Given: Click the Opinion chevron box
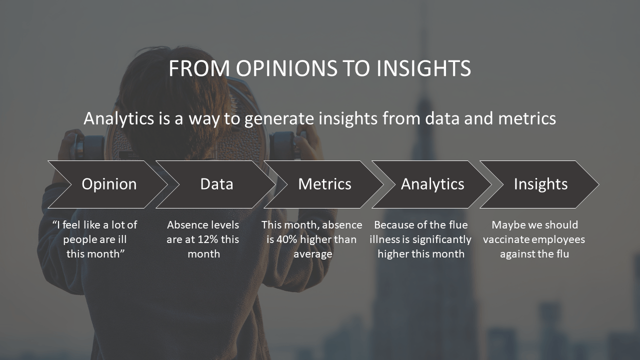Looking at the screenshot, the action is [108, 184].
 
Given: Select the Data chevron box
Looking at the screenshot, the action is [216, 184].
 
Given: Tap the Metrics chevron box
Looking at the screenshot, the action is [324, 184].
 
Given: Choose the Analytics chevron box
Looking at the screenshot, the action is [432, 184].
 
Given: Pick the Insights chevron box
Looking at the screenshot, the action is [540, 184].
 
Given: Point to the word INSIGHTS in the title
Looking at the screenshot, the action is [423, 68].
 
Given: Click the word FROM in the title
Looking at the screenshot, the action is [199, 68].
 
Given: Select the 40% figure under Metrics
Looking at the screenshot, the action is [287, 239].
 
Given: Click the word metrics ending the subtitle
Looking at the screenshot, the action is [527, 118].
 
